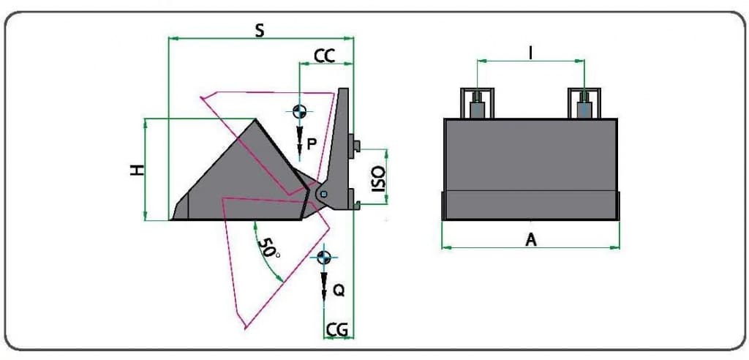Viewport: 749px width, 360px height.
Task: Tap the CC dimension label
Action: click(324, 56)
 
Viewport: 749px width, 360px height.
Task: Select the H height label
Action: click(137, 170)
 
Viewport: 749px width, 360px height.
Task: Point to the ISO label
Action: click(378, 179)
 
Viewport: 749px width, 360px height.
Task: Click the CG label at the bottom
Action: click(337, 330)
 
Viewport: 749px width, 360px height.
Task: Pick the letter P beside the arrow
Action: click(312, 145)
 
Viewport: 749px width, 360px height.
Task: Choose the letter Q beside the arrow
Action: click(339, 290)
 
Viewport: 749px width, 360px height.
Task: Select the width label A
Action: click(531, 239)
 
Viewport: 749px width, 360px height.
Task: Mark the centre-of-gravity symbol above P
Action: click(298, 111)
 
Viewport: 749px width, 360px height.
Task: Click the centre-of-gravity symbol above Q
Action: click(323, 257)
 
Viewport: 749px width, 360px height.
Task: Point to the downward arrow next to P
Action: click(300, 141)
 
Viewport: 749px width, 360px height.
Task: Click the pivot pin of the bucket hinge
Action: click(323, 192)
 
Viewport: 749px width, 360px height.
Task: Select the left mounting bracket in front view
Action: click(476, 103)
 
